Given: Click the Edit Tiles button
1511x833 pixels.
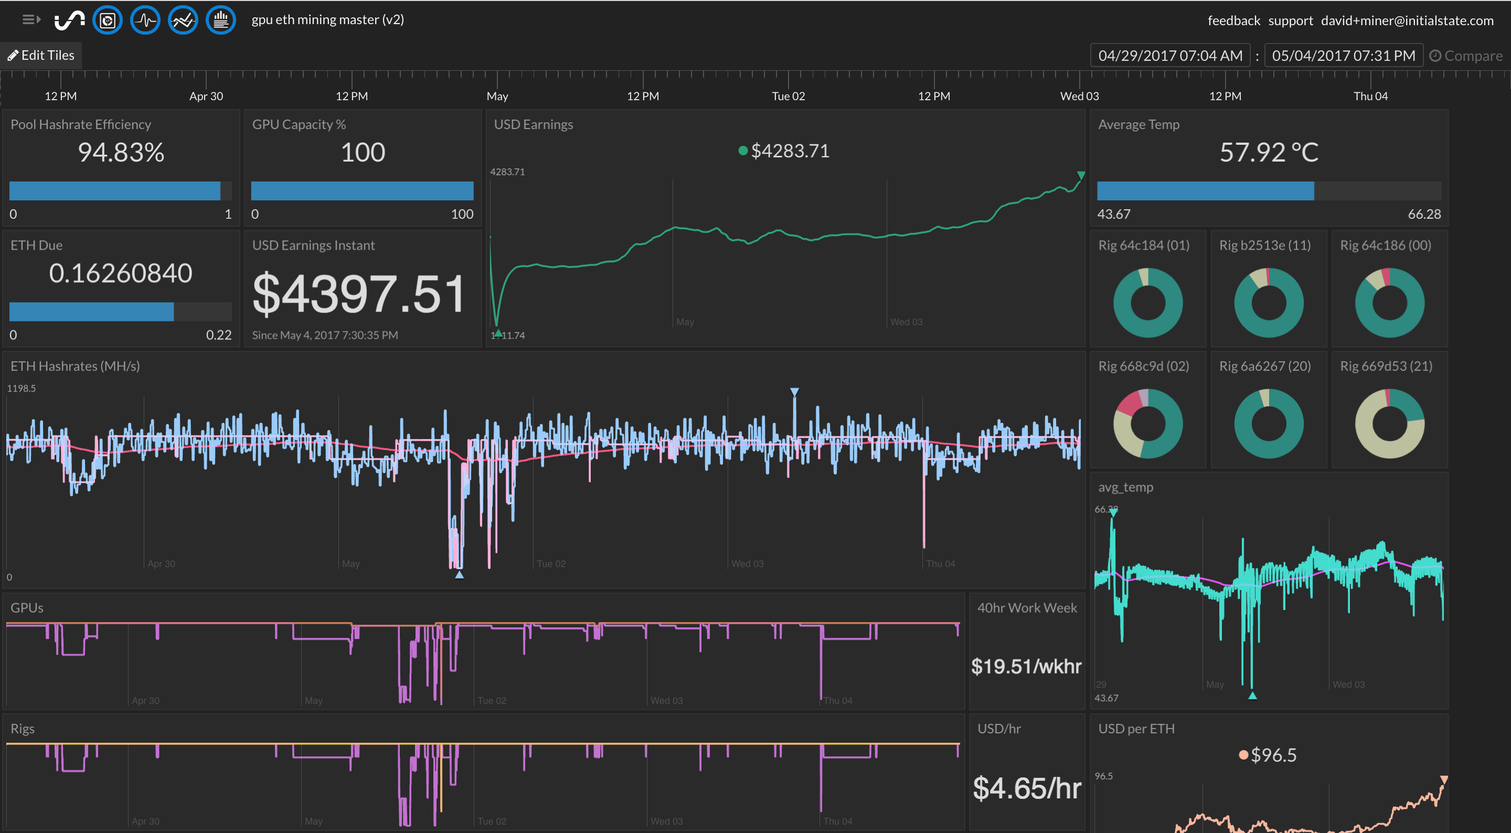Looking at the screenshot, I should pyautogui.click(x=41, y=55).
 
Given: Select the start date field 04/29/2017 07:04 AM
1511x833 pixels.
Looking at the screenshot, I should pyautogui.click(x=1169, y=56).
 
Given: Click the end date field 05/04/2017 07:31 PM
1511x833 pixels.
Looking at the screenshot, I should pyautogui.click(x=1343, y=56).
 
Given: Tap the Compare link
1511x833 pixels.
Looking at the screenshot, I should pyautogui.click(x=1466, y=56).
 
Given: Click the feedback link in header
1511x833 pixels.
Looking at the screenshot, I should pyautogui.click(x=1233, y=20).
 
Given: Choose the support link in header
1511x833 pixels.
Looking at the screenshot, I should pyautogui.click(x=1290, y=20).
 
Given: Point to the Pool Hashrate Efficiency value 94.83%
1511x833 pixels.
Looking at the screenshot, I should pyautogui.click(x=121, y=153).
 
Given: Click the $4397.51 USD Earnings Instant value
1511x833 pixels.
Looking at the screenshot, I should pyautogui.click(x=358, y=293).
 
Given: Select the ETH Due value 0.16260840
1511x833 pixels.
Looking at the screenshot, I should pyautogui.click(x=121, y=273).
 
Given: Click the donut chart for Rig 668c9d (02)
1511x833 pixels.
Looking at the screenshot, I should pyautogui.click(x=1147, y=423).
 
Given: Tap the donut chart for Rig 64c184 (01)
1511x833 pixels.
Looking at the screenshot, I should pyautogui.click(x=1147, y=303).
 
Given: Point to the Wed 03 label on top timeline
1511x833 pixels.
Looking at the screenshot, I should pyautogui.click(x=1079, y=96).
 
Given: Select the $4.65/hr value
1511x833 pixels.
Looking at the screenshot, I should pyautogui.click(x=1027, y=788).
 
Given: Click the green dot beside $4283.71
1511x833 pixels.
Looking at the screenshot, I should pyautogui.click(x=742, y=152).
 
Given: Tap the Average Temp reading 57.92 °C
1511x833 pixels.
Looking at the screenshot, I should pyautogui.click(x=1268, y=153).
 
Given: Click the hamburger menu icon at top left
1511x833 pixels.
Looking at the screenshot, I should pyautogui.click(x=30, y=20).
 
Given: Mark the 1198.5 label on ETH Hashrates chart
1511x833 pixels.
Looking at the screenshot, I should pyautogui.click(x=21, y=388).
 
